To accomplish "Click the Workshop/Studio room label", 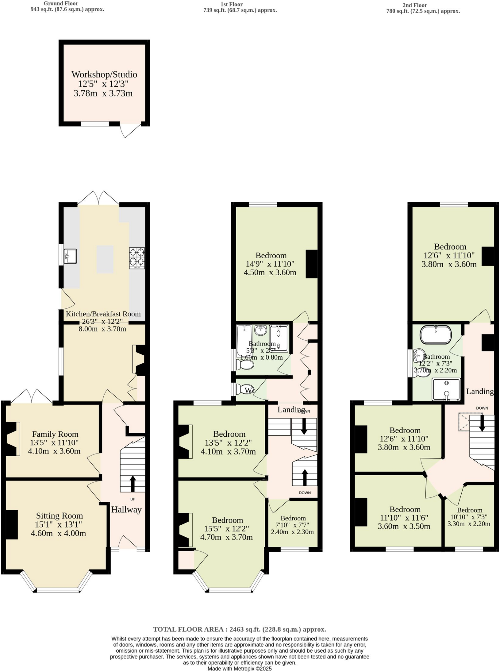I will click(104, 74).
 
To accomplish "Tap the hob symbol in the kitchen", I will click(137, 258).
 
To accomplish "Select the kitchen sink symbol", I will click(70, 256).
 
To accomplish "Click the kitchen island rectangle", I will click(105, 259).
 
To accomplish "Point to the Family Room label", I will click(55, 434).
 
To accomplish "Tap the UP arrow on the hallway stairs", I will click(133, 483).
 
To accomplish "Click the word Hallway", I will click(126, 510).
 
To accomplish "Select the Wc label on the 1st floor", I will click(250, 390).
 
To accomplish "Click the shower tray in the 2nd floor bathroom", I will click(446, 389).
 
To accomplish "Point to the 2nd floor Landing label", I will click(480, 391).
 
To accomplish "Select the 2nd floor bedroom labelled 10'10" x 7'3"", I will click(469, 517).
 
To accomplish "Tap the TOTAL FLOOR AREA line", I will click(240, 629).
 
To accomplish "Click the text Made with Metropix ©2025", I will click(240, 668).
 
